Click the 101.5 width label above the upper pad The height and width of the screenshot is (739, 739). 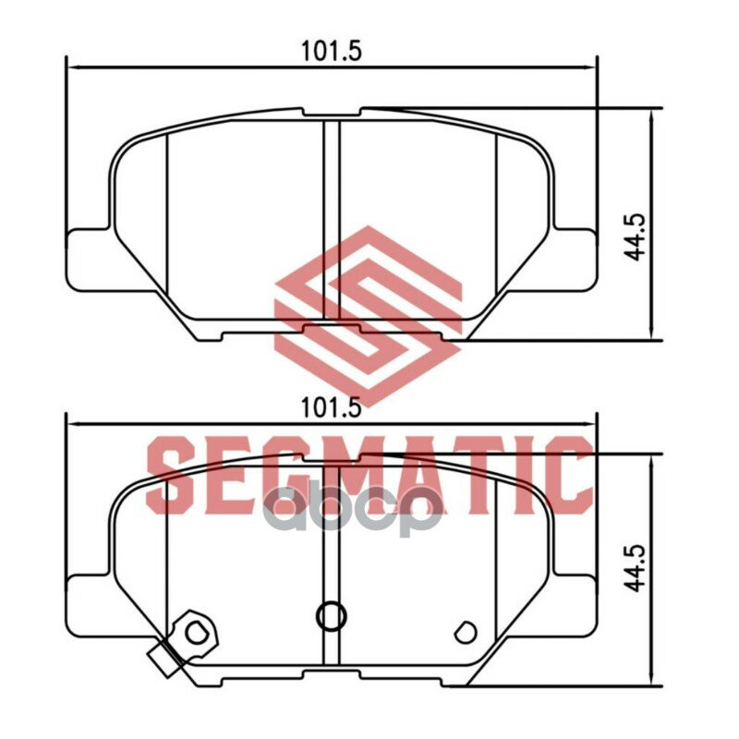331,51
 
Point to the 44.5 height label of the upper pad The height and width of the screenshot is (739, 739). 636,237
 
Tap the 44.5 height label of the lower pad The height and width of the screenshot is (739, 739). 636,570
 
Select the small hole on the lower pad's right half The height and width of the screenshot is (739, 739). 466,633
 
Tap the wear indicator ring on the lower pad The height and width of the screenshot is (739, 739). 197,632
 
